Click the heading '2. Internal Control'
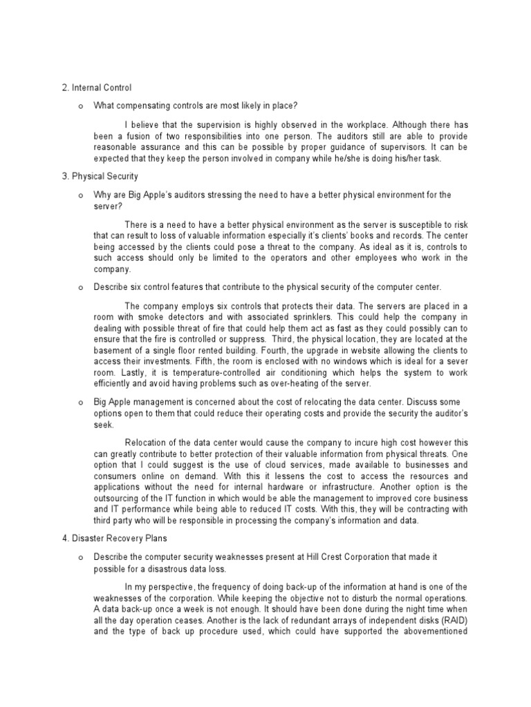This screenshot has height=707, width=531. coord(97,88)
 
